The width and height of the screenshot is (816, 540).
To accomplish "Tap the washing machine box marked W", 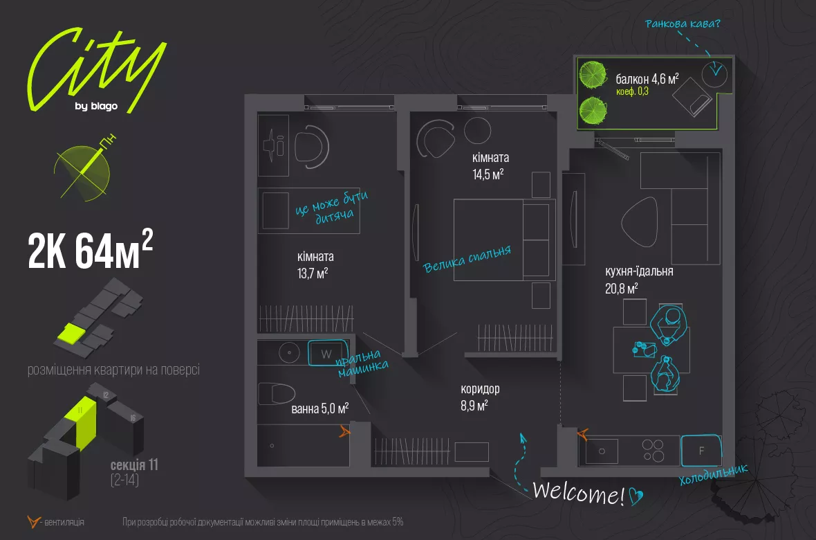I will [324, 354].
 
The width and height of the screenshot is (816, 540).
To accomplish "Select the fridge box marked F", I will [701, 451].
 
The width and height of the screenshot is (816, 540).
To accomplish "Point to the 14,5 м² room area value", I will [488, 174].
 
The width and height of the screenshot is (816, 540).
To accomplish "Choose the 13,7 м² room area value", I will [313, 273].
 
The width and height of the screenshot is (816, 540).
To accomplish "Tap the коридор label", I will [480, 389].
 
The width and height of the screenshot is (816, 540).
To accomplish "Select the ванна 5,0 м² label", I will [319, 408].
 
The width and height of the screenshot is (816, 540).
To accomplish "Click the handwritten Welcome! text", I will [579, 494].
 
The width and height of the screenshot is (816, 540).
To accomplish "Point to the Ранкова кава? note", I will [683, 26].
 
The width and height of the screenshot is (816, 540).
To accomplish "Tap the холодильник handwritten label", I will [714, 476].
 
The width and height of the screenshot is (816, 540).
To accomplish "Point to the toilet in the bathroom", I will [277, 394].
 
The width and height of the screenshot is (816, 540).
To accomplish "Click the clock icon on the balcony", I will [714, 72].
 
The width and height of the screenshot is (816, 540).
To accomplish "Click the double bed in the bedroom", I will [504, 240].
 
